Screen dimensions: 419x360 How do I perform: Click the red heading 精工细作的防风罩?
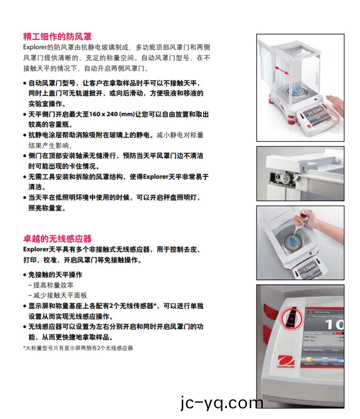(57, 36)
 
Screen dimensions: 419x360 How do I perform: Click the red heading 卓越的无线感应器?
(57, 239)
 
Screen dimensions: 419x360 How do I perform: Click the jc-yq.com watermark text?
(221, 403)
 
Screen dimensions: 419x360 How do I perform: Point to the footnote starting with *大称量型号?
(78, 348)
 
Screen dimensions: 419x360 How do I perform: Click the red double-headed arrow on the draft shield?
(282, 70)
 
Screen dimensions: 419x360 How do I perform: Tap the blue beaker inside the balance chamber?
(294, 89)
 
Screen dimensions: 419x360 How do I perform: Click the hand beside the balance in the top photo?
(335, 103)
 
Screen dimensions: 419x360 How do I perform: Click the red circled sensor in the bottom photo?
(291, 318)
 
